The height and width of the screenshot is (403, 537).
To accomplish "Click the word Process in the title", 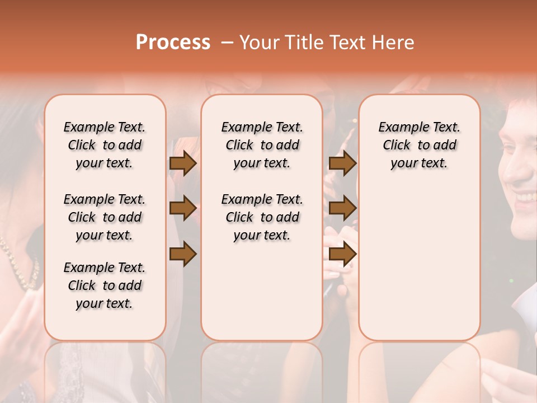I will coord(173,43).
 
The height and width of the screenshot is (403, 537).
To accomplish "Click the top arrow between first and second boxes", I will coord(183,163).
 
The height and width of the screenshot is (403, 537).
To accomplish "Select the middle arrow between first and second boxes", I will coord(183,208).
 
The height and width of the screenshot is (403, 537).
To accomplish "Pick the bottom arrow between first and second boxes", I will coord(183,254).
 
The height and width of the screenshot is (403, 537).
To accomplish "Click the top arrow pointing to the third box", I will coord(342,163).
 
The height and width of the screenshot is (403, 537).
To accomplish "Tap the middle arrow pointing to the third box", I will coord(342,208).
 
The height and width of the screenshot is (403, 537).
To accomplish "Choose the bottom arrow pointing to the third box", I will coord(342,254).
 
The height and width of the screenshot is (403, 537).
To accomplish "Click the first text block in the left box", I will coord(105,145).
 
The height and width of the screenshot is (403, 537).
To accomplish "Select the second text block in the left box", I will coord(105,217).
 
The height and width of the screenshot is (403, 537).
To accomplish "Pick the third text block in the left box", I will coord(105,285).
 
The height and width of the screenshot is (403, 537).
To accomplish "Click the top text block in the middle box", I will coord(262,145).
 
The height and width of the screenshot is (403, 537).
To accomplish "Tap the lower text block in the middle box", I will coord(262,217).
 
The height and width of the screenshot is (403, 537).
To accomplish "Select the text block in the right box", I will coord(420,145).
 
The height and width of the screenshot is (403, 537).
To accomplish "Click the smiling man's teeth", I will coord(526,198).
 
